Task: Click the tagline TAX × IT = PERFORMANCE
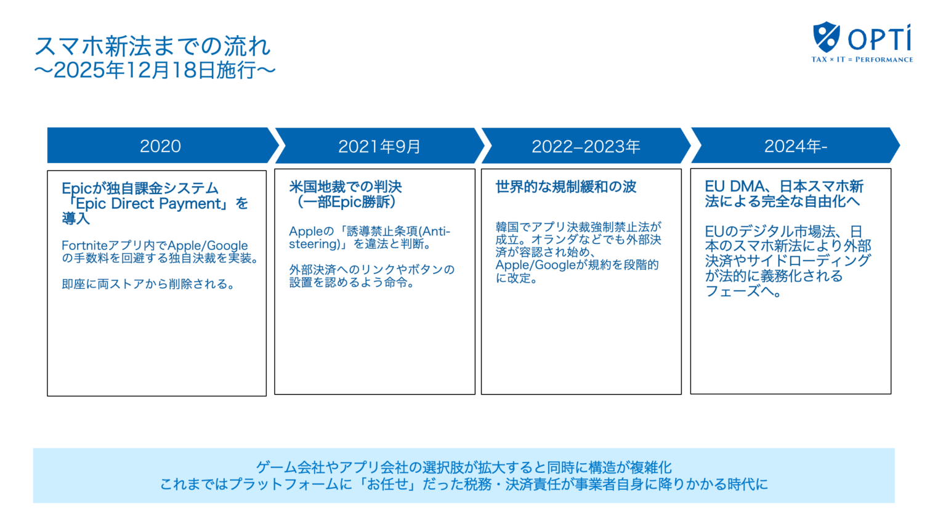point(862,60)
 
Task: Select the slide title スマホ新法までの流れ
point(152,46)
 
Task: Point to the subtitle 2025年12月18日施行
point(155,70)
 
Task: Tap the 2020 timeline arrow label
point(160,146)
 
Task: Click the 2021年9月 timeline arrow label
point(379,147)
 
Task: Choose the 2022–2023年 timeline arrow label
point(586,147)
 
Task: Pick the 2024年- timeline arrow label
point(795,146)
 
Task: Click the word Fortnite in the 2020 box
point(84,245)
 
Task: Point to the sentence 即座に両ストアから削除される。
point(149,284)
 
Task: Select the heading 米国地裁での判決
point(345,187)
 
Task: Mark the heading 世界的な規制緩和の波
point(565,187)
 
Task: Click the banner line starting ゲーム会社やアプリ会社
point(463,467)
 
